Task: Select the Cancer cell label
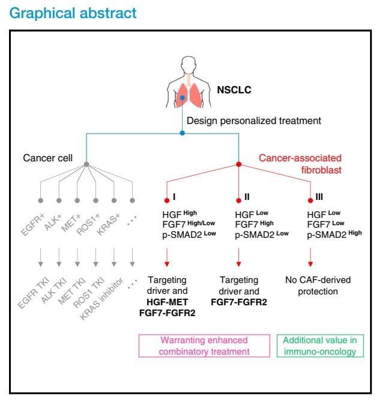46,158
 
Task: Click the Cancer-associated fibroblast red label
295,164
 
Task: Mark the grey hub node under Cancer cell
86,164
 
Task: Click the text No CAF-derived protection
310,285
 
